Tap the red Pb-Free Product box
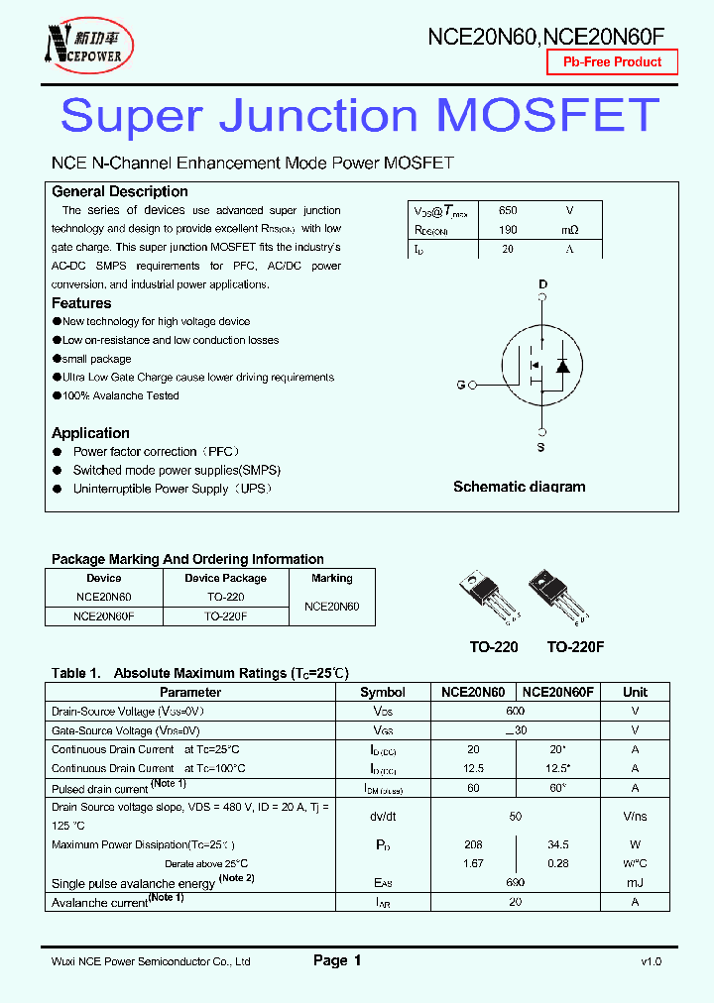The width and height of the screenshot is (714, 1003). [612, 62]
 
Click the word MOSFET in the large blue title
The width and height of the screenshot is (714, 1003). [547, 116]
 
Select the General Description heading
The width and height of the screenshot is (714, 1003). [119, 191]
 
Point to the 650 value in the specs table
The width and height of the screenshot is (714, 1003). [508, 211]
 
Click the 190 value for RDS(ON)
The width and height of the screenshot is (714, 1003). [508, 230]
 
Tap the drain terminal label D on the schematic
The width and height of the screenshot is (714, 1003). [542, 285]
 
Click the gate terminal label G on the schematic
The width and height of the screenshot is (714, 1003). [460, 385]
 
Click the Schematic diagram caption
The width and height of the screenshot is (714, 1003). [519, 487]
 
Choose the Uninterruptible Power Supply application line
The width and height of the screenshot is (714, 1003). [172, 489]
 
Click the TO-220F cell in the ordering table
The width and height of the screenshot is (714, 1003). [225, 615]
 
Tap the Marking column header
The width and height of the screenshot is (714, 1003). [331, 578]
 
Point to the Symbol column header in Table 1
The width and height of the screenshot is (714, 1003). [382, 692]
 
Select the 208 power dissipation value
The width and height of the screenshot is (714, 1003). [473, 844]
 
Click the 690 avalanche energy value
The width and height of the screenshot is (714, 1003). [515, 882]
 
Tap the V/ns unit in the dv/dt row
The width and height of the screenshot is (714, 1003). [635, 817]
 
